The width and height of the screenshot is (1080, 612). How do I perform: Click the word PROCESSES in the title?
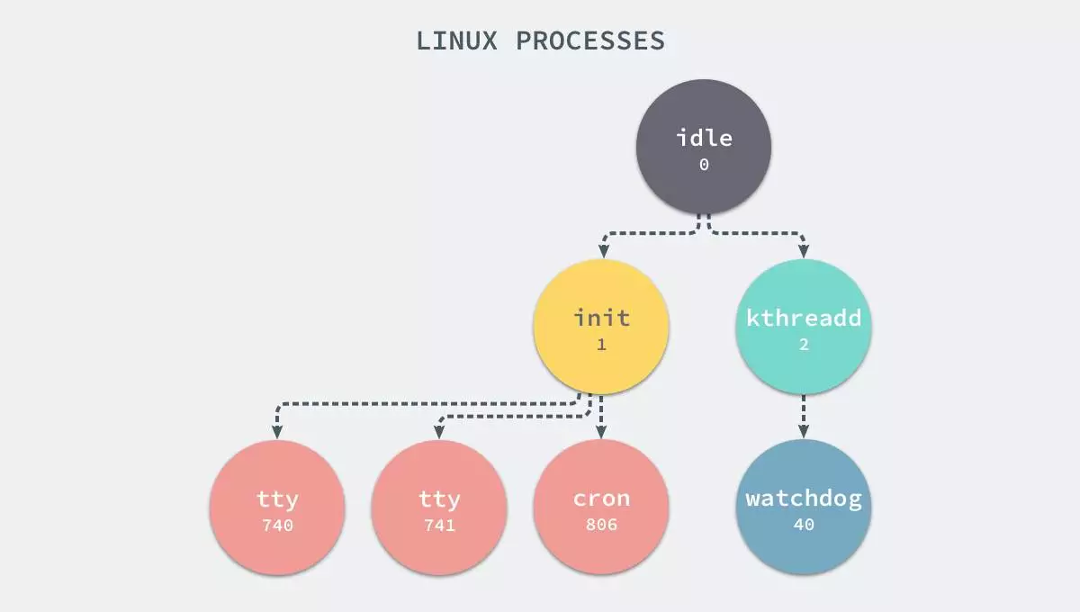[x=590, y=40]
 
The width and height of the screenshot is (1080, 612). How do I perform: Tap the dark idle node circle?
[x=704, y=146]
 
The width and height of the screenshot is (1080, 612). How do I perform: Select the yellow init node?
[x=601, y=326]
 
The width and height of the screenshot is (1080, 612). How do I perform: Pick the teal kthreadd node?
[x=804, y=326]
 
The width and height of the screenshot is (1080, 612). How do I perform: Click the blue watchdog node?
[x=804, y=507]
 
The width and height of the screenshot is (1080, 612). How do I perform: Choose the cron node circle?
[x=601, y=507]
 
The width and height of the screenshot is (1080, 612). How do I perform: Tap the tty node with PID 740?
[x=277, y=507]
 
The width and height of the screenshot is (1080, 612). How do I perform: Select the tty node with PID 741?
[x=439, y=507]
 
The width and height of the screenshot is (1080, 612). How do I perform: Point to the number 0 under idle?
[x=704, y=165]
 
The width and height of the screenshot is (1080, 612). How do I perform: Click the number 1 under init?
[x=601, y=345]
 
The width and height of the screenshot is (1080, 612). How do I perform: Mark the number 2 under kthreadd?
[x=804, y=345]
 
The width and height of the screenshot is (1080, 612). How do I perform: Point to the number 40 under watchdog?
[x=804, y=525]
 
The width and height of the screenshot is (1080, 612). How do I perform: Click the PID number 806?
[x=601, y=525]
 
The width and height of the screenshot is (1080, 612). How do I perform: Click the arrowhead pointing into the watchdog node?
[x=804, y=432]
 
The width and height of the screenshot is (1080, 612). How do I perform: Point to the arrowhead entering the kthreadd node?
[x=804, y=252]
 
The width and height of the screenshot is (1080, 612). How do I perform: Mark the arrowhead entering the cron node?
[x=601, y=432]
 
